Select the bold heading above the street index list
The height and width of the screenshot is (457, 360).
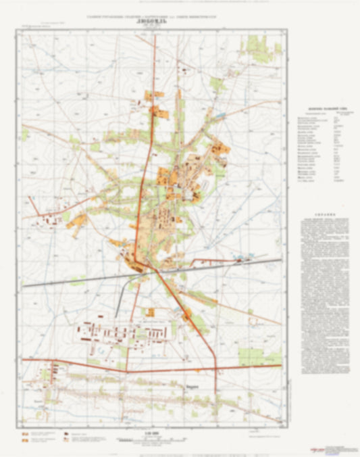click(322, 108)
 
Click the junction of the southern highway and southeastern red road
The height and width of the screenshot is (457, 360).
click(215, 368)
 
